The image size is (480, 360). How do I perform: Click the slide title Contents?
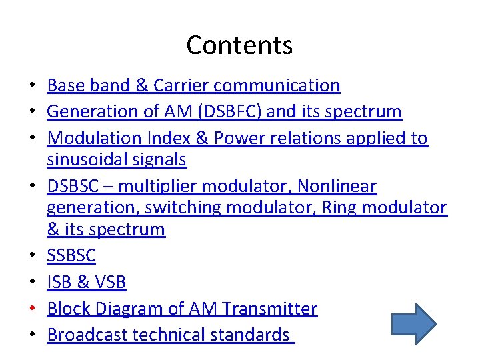click(239, 45)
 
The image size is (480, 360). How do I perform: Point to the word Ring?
click(341, 208)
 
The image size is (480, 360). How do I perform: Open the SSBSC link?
click(71, 255)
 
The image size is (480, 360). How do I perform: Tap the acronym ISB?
click(59, 282)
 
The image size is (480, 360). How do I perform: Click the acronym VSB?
click(110, 282)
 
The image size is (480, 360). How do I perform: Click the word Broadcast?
click(87, 335)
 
